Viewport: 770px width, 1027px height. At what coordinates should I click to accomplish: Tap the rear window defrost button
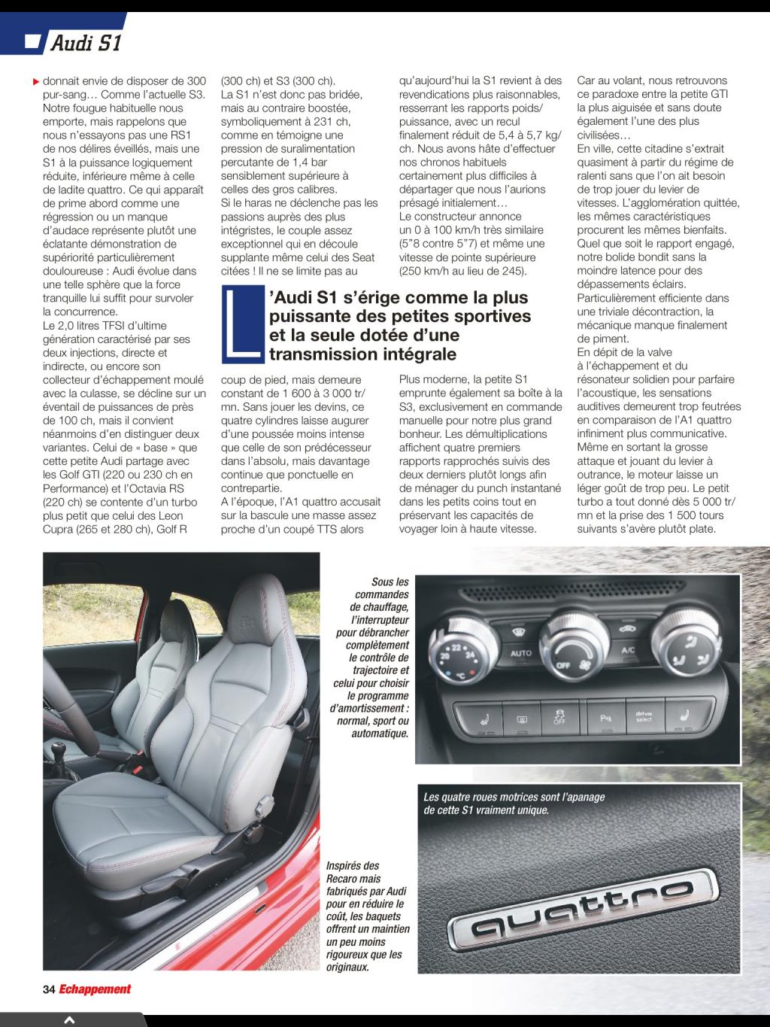pyautogui.click(x=522, y=720)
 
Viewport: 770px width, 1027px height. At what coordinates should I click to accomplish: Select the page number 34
pyautogui.click(x=49, y=989)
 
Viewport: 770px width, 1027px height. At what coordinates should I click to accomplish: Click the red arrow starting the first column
pyautogui.click(x=36, y=81)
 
